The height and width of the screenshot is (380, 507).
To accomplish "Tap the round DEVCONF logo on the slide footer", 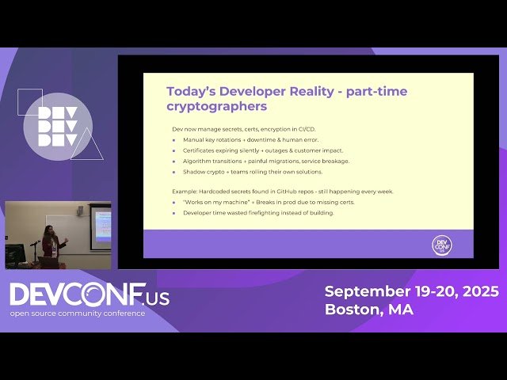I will pyautogui.click(x=441, y=245).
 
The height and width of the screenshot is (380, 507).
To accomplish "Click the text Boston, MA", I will pyautogui.click(x=368, y=310).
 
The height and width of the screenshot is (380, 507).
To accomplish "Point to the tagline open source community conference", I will pyautogui.click(x=78, y=313).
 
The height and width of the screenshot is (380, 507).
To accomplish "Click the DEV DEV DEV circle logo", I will pyautogui.click(x=58, y=127).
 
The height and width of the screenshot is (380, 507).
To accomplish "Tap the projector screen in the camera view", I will pyautogui.click(x=101, y=226).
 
